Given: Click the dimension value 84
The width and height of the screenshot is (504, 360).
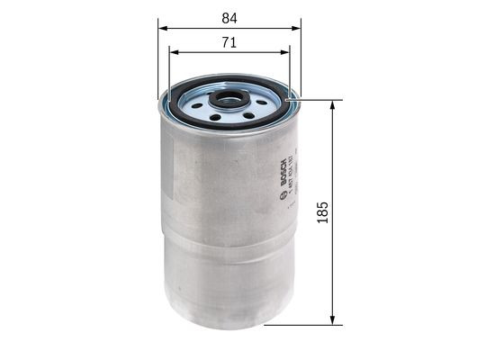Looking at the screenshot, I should pyautogui.click(x=230, y=15).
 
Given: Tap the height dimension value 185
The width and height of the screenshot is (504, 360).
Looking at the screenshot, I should pyautogui.click(x=322, y=211).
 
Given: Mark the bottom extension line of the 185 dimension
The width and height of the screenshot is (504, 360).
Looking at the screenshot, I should pyautogui.click(x=315, y=324).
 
